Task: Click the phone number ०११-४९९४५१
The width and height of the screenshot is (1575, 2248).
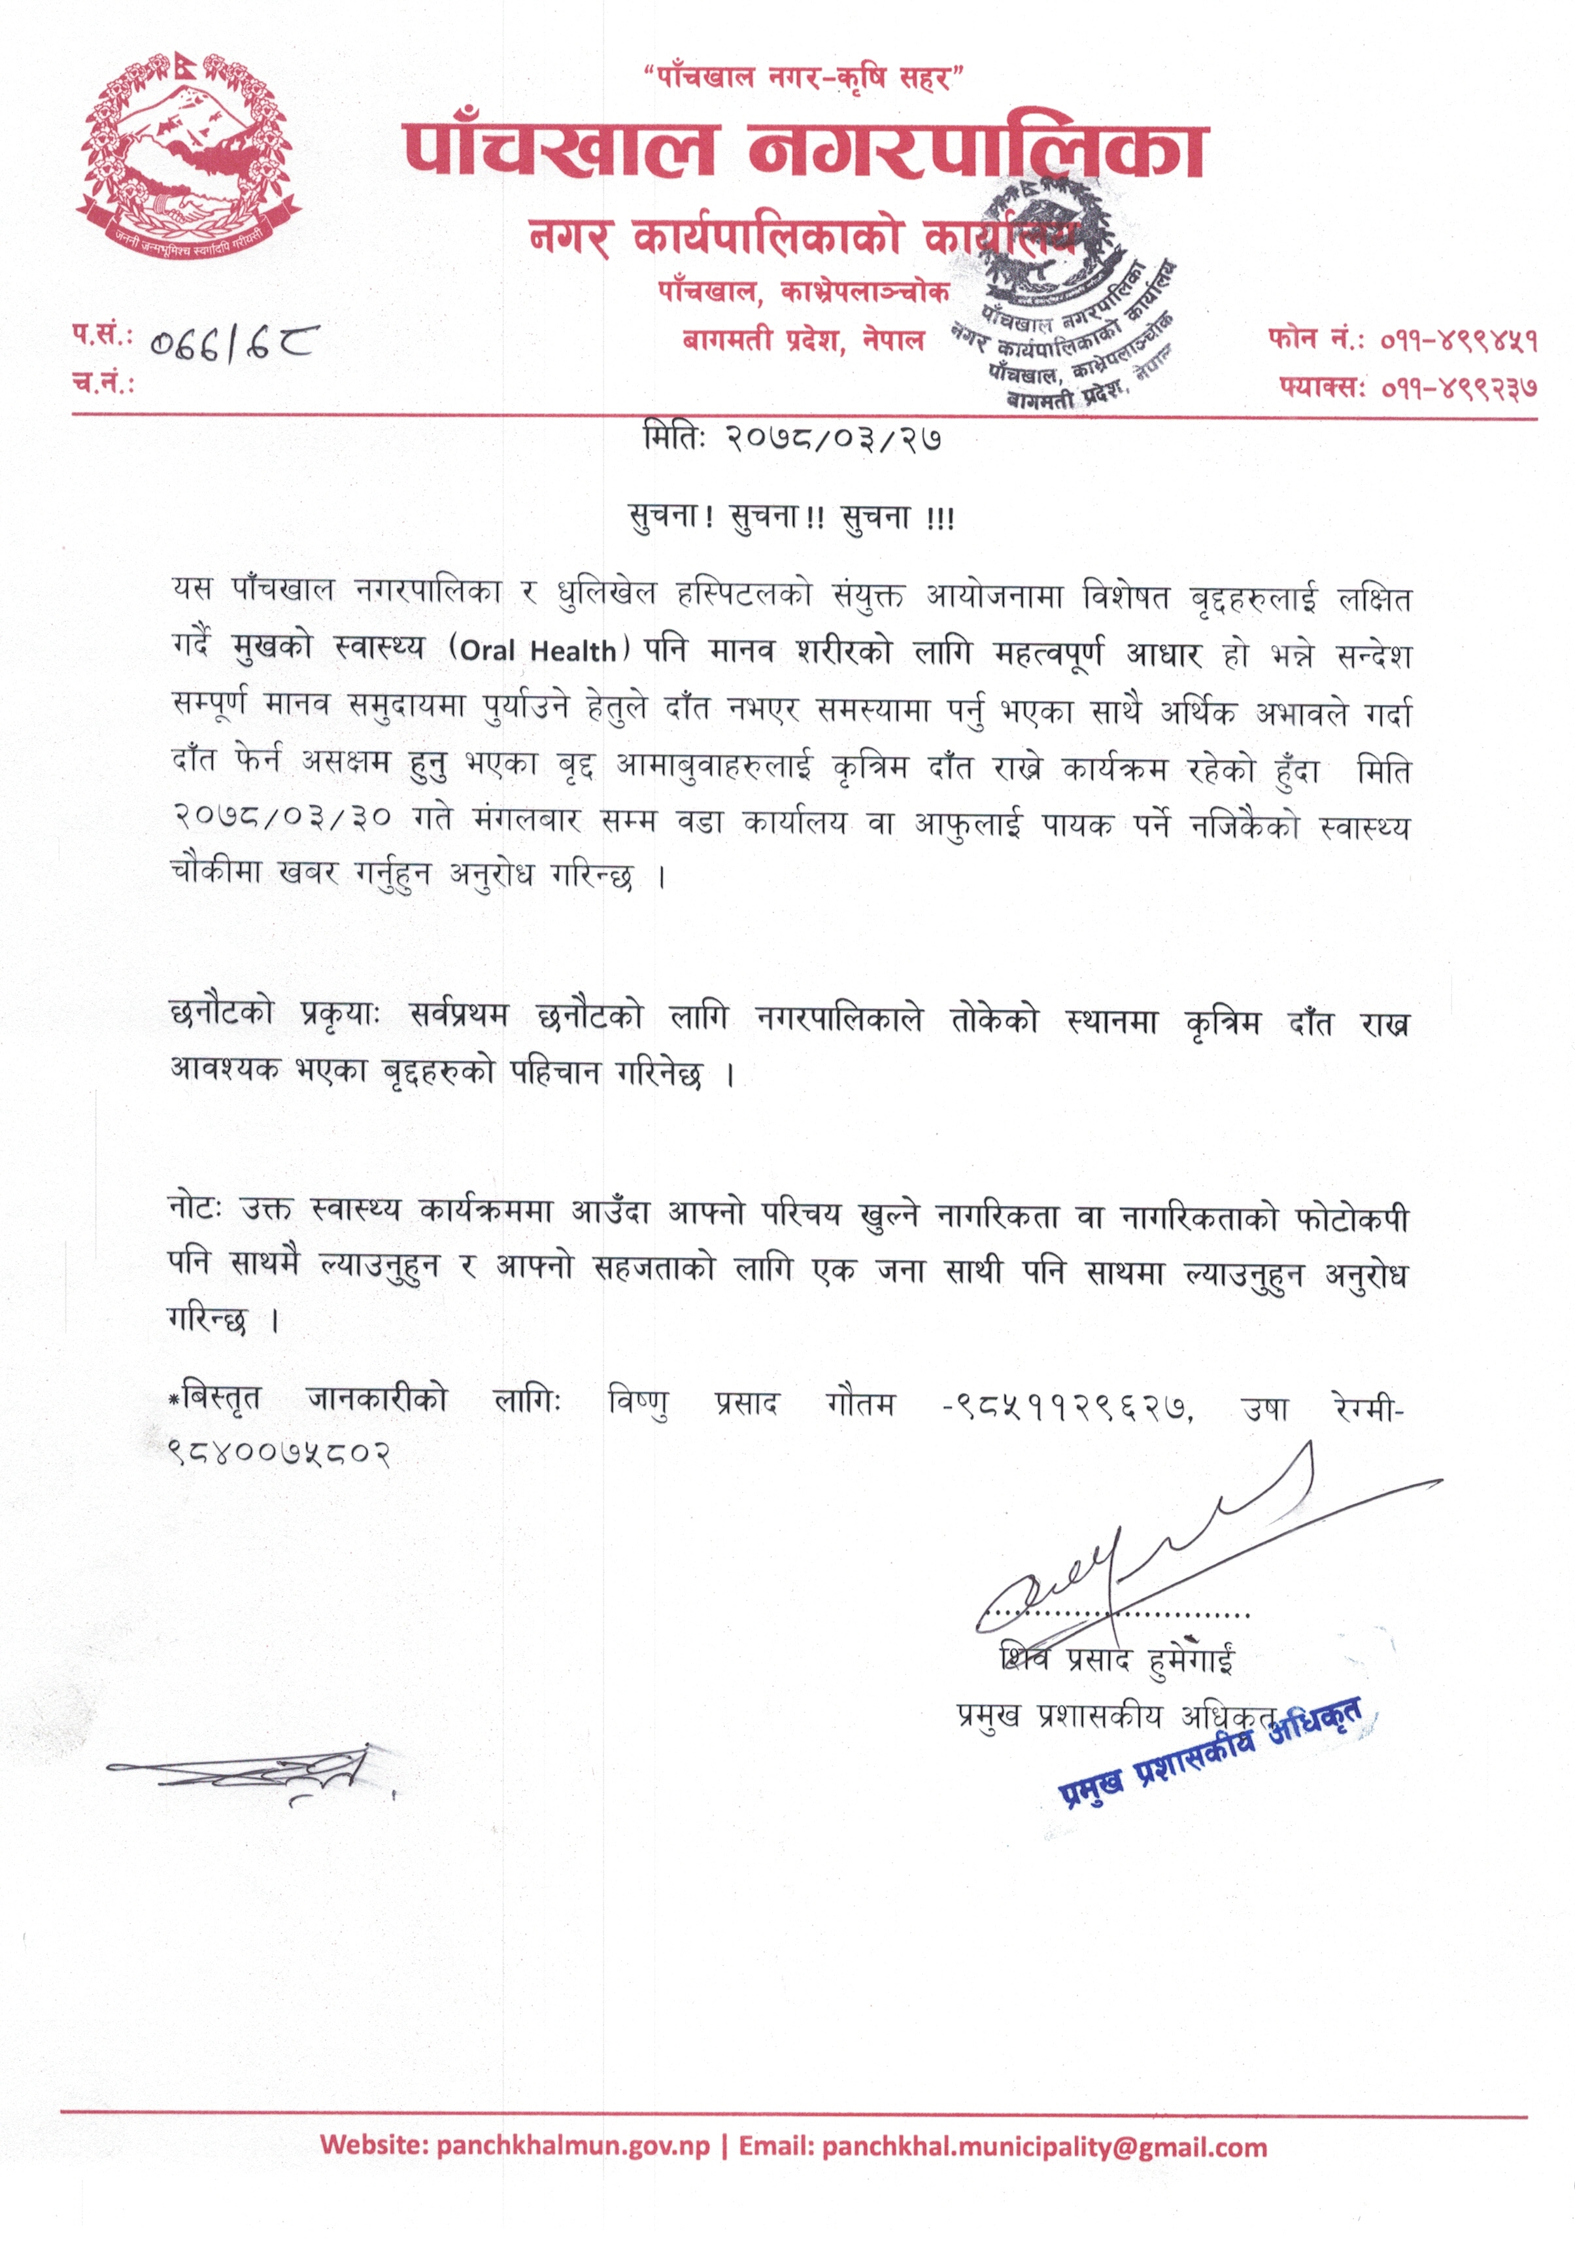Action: coord(1459,341)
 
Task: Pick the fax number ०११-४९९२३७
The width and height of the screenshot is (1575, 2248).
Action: coord(1459,388)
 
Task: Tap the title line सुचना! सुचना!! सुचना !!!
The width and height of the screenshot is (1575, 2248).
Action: coord(791,516)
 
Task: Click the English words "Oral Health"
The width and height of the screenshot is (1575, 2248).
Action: coord(537,651)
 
